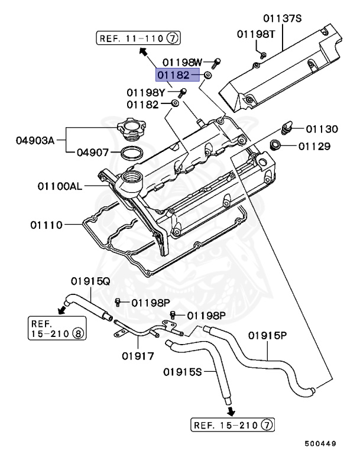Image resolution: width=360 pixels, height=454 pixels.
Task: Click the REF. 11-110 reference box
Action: click(x=138, y=39)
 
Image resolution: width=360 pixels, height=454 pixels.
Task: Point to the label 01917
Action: click(x=138, y=356)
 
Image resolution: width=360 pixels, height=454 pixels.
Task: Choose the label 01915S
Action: click(x=183, y=372)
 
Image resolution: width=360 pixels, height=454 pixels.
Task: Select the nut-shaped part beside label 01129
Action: click(x=275, y=145)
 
